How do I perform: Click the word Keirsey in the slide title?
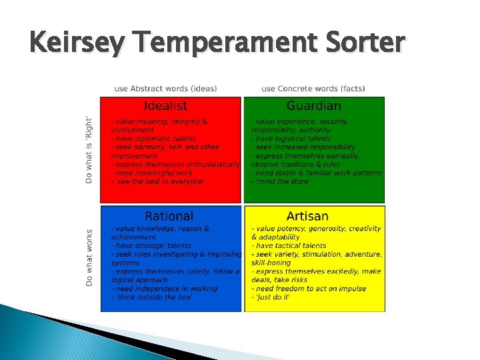click(71, 43)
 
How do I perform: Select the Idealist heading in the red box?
click(166, 106)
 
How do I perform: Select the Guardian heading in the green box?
click(313, 106)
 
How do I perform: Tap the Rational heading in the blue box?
click(169, 216)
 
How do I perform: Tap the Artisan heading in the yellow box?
click(307, 216)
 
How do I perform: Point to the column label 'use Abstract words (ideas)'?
click(169, 89)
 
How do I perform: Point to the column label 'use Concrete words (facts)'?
click(313, 89)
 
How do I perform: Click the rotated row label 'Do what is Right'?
click(89, 150)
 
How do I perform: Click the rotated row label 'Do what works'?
click(89, 259)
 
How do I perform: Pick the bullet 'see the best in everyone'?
click(158, 181)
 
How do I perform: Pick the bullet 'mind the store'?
click(281, 181)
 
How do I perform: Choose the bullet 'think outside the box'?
click(152, 297)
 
